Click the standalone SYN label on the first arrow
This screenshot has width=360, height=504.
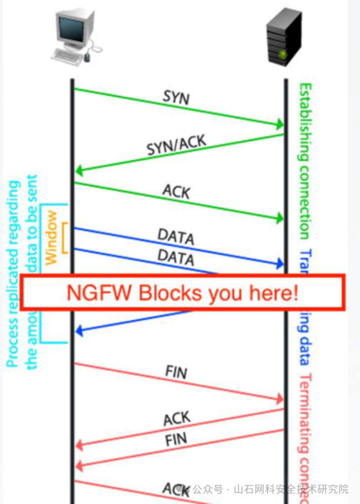[x=176, y=97]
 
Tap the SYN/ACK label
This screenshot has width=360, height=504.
[x=176, y=145]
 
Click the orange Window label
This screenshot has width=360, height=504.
[x=51, y=237]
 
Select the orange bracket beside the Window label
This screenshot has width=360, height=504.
[x=64, y=237]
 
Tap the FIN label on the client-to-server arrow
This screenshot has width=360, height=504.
[x=176, y=372]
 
